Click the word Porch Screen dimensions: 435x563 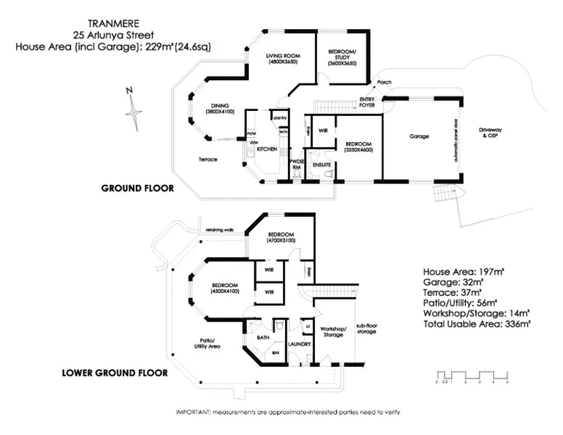click(x=384, y=83)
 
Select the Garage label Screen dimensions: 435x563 click(x=419, y=136)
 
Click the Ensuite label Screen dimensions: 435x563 click(x=321, y=165)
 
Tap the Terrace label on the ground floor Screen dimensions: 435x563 click(x=209, y=159)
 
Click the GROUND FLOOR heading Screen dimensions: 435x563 click(x=138, y=188)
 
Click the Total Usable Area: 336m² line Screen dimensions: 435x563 click(x=477, y=324)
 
